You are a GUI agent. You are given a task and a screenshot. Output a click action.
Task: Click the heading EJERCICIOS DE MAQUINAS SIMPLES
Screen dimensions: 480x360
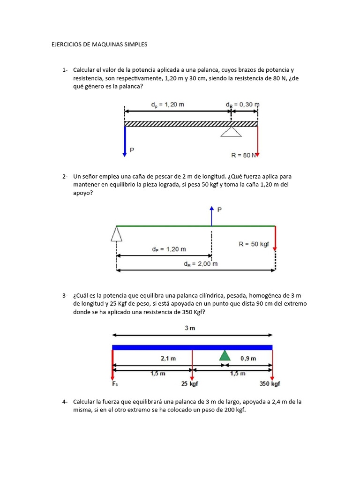pyautogui.click(x=99, y=45)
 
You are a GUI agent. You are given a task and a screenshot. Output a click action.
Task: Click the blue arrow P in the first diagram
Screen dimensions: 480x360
pyautogui.click(x=125, y=141)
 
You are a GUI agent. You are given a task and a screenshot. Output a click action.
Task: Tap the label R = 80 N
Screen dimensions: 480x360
pyautogui.click(x=244, y=154)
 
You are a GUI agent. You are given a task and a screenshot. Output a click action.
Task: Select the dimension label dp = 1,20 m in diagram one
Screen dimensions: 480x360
pyautogui.click(x=167, y=105)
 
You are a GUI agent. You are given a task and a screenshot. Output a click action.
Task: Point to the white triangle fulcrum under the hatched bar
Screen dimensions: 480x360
pyautogui.click(x=231, y=132)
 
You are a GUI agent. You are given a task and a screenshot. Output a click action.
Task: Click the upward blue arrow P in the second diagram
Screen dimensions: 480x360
pyautogui.click(x=211, y=216)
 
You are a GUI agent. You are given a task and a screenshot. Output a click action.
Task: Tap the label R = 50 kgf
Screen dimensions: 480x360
pyautogui.click(x=254, y=244)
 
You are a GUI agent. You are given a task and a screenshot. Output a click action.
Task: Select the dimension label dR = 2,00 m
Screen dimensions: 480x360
pyautogui.click(x=201, y=263)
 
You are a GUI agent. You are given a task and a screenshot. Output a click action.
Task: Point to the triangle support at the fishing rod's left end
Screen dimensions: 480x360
pyautogui.click(x=116, y=233)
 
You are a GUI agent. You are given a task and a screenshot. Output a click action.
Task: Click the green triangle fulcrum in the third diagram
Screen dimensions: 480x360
pyautogui.click(x=225, y=355)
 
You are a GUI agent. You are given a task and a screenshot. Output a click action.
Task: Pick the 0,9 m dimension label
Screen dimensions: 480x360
pyautogui.click(x=248, y=359)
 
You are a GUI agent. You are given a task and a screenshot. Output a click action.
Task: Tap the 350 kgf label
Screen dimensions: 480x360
pyautogui.click(x=270, y=384)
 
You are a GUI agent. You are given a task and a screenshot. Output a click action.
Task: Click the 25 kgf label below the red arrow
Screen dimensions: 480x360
pyautogui.click(x=190, y=384)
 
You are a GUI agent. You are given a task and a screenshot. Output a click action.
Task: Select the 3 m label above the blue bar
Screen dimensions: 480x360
pyautogui.click(x=190, y=328)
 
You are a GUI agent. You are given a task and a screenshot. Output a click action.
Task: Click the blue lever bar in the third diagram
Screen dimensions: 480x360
pyautogui.click(x=192, y=347)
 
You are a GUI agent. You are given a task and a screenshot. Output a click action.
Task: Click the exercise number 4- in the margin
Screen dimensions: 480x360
pyautogui.click(x=65, y=402)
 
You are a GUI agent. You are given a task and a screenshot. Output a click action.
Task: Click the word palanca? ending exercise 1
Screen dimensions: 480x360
pyautogui.click(x=131, y=87)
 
